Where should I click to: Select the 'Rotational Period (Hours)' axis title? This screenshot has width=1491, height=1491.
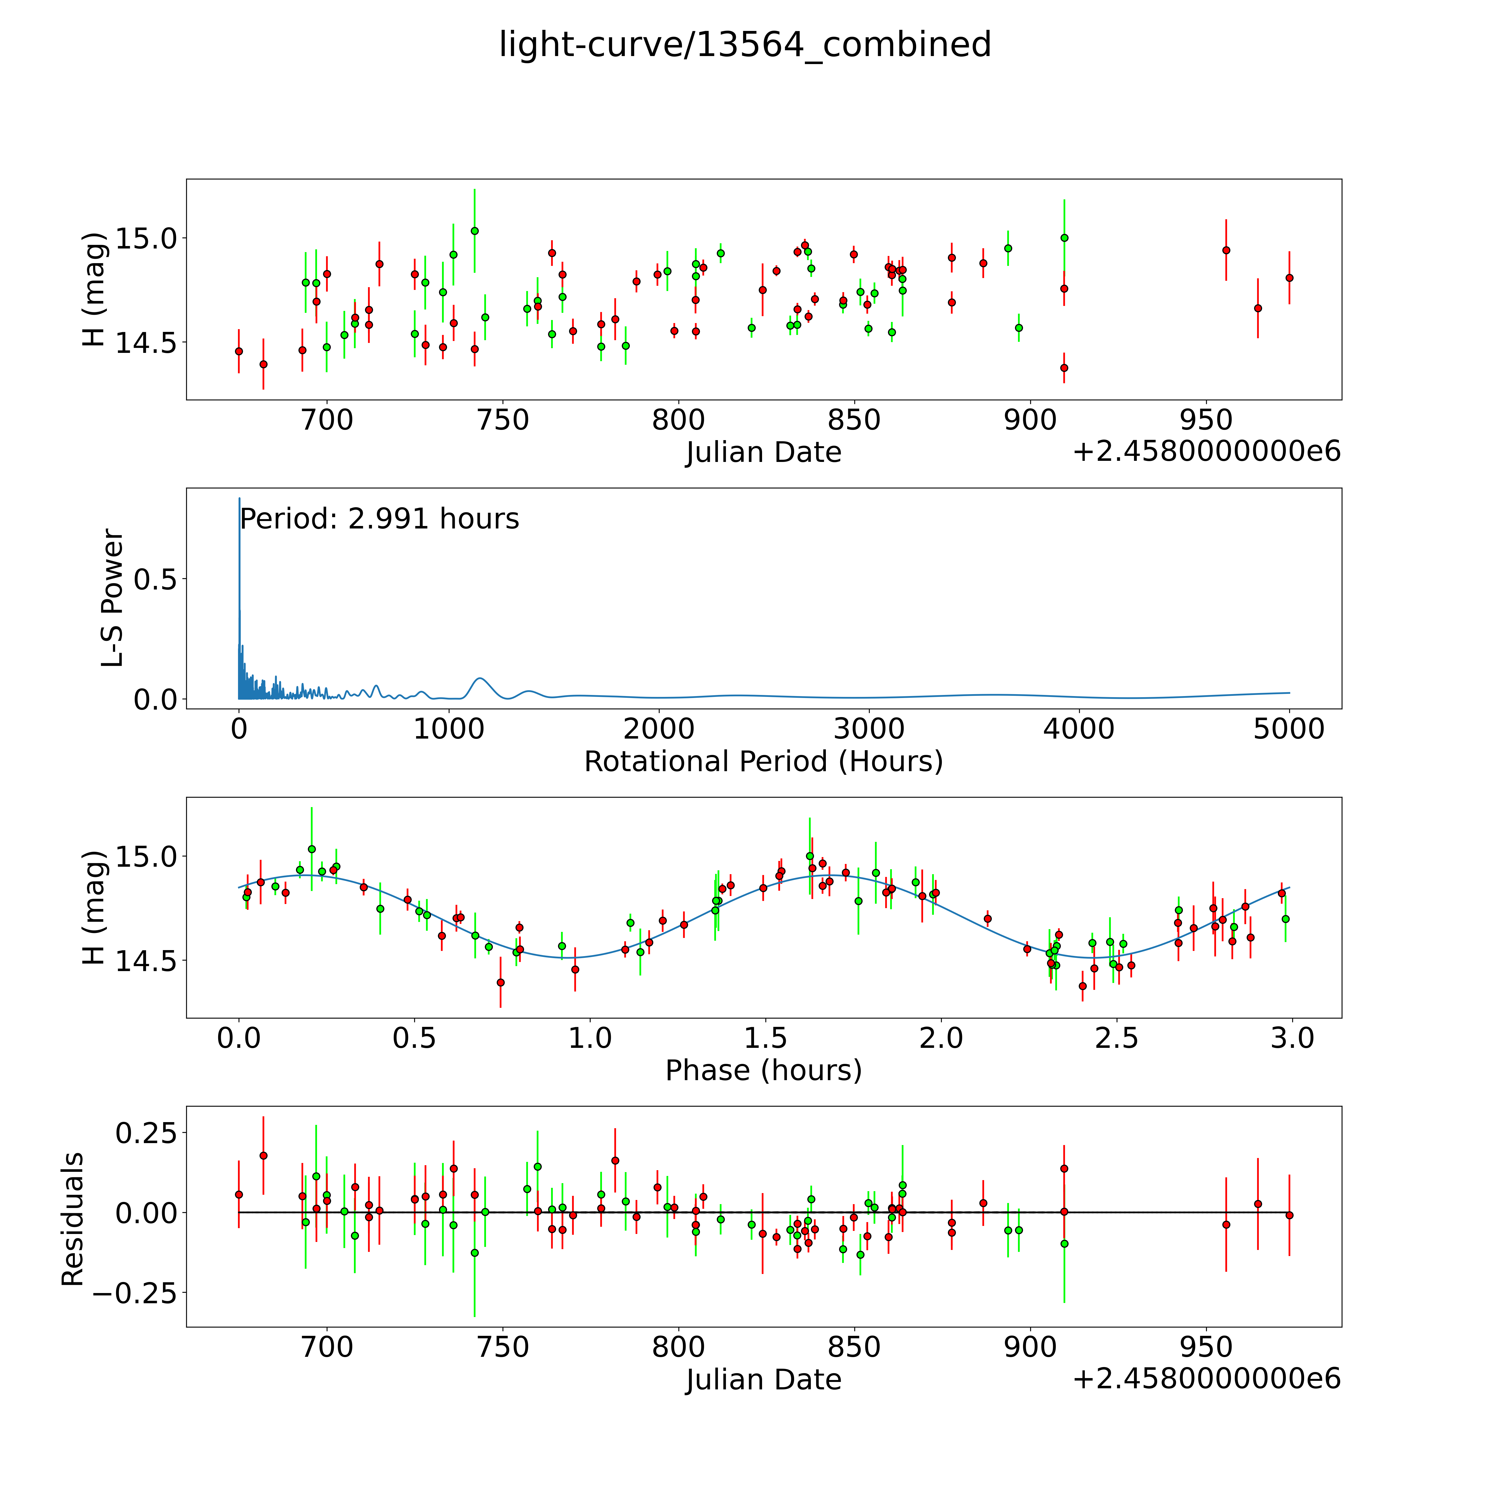tap(763, 762)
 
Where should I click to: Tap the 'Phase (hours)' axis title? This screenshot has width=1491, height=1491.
tap(763, 1070)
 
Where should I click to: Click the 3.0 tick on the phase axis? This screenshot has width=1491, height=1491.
tap(1293, 1038)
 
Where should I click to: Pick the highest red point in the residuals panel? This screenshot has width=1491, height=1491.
tap(263, 1155)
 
